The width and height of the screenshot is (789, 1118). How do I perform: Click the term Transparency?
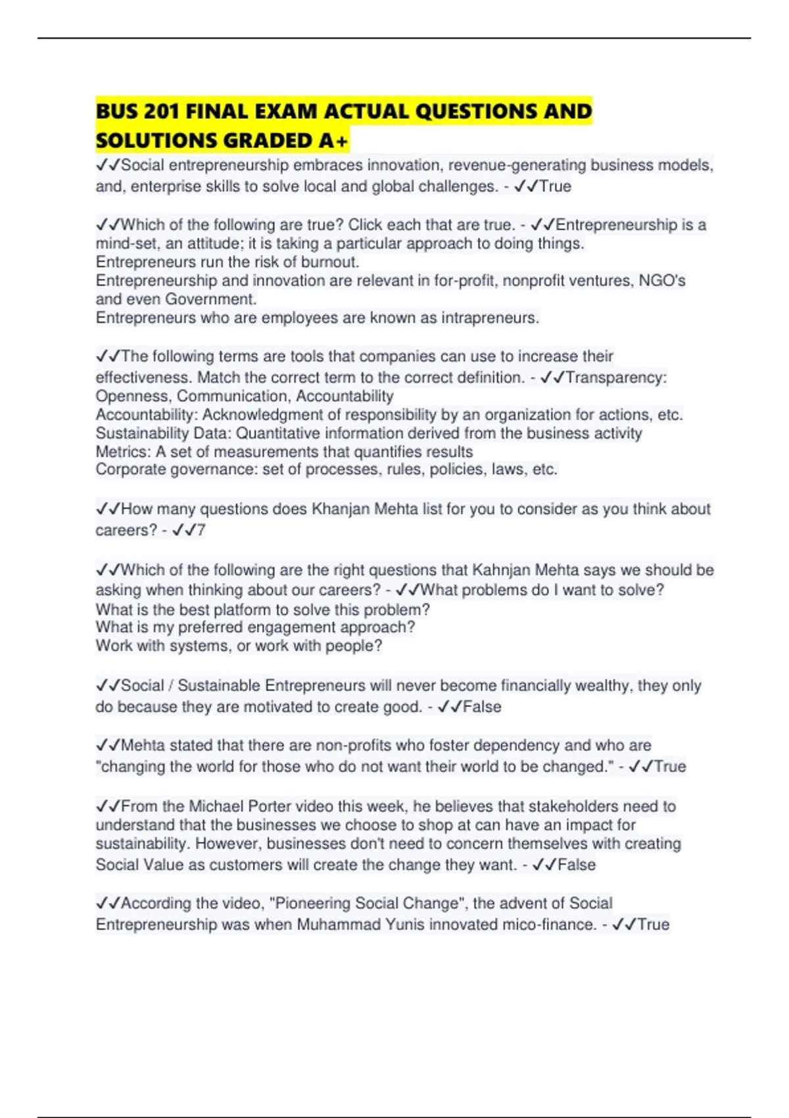pos(616,377)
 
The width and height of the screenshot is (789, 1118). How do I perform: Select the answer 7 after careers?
pos(201,530)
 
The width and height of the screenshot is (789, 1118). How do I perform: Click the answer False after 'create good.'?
pos(482,707)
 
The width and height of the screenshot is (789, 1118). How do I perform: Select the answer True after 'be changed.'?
pos(670,767)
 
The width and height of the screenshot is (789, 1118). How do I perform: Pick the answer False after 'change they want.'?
pos(577,865)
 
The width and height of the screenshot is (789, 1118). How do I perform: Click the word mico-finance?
pos(549,925)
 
